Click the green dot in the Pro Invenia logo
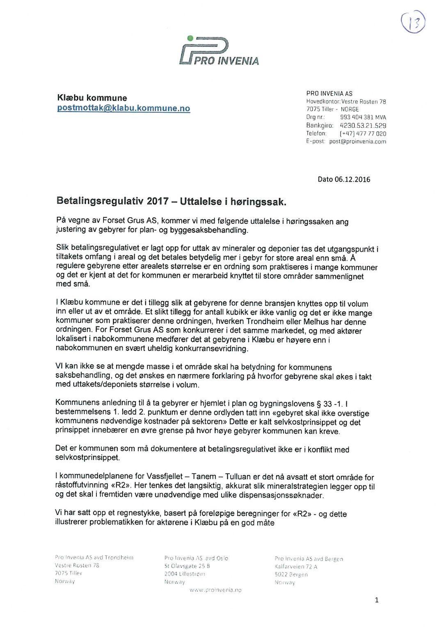(190, 39)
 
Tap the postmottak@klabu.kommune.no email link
(124, 108)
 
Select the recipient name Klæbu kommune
(92, 98)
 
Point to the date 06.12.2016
(352, 179)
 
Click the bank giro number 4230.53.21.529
(363, 126)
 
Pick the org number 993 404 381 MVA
(363, 117)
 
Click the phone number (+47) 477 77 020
(363, 133)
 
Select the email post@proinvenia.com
(357, 142)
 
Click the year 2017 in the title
(158, 201)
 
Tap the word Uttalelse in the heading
(201, 202)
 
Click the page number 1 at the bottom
(377, 600)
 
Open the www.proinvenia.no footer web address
(215, 590)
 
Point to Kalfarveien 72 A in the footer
(296, 567)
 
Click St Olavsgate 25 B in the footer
(187, 566)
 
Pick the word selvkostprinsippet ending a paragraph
(87, 457)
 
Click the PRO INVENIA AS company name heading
(329, 94)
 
